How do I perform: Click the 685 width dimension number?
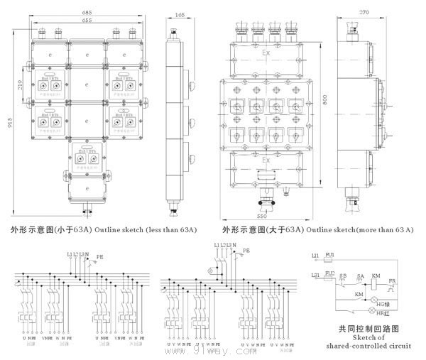pyautogui.click(x=67, y=13)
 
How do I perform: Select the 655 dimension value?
pyautogui.click(x=67, y=21)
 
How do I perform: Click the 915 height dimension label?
pyautogui.click(x=9, y=125)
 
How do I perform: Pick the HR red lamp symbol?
pyautogui.click(x=370, y=312)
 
